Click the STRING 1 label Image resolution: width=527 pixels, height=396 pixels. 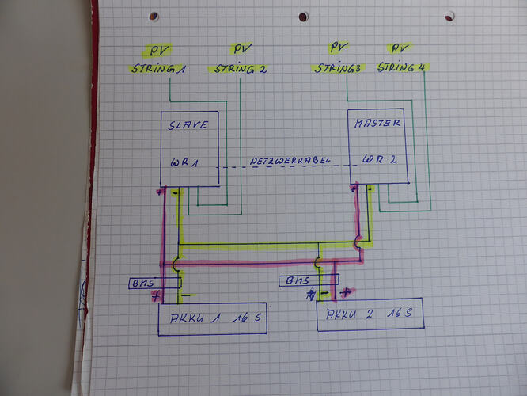(158, 69)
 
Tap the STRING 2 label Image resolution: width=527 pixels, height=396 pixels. (241, 69)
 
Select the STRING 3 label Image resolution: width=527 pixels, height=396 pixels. (337, 68)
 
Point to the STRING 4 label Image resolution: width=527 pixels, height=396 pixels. (401, 67)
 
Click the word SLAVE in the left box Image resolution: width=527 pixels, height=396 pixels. (188, 125)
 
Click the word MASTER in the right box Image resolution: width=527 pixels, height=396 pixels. (377, 123)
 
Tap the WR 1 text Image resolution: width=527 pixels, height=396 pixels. (184, 163)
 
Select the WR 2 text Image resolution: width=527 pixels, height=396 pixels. (380, 159)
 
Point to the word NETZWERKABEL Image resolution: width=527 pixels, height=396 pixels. (290, 161)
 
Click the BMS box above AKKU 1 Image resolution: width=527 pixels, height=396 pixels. (155, 284)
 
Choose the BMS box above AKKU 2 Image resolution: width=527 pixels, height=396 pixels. (309, 280)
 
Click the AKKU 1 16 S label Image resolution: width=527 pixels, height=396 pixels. (215, 318)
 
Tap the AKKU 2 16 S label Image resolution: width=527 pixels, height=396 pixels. (369, 314)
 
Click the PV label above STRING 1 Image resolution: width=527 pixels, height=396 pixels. (157, 50)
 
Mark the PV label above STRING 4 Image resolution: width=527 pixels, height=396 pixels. (400, 48)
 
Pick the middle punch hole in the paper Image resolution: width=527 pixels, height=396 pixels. (303, 17)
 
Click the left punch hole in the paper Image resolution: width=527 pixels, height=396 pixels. (154, 16)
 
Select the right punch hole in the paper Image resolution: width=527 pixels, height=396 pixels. (449, 16)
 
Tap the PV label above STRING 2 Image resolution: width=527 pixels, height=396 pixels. (242, 49)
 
